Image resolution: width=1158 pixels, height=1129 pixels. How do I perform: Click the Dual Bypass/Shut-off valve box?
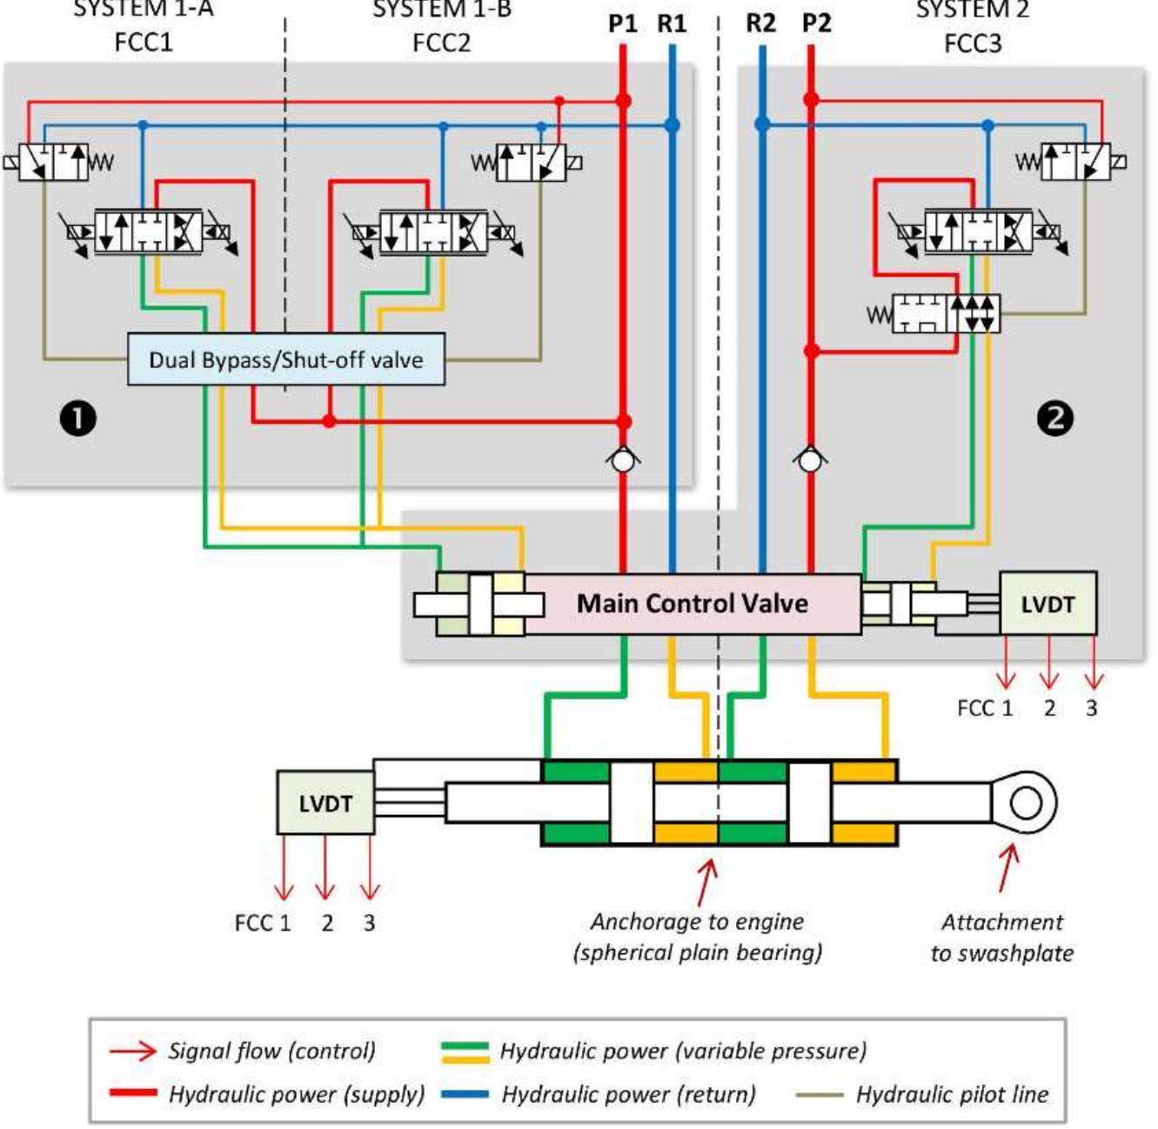click(x=286, y=359)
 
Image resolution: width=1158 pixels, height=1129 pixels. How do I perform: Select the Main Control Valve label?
click(x=692, y=604)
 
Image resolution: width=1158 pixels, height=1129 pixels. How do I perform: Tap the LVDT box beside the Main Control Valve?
click(x=1048, y=603)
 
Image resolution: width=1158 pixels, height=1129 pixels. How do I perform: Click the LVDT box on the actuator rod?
click(x=325, y=803)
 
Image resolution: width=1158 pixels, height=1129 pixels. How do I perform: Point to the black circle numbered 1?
click(x=78, y=418)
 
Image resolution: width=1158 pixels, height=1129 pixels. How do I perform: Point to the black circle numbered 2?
click(x=1055, y=418)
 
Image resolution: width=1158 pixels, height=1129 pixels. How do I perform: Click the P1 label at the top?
click(x=622, y=23)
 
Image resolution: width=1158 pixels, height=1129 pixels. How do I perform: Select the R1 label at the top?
click(x=672, y=23)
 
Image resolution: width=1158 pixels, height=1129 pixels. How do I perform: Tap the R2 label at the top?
click(x=761, y=23)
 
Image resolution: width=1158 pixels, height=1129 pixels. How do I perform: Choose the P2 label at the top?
click(x=816, y=23)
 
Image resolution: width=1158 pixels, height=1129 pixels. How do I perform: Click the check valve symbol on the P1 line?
click(x=623, y=460)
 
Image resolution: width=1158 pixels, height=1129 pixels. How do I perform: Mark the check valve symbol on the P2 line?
click(x=810, y=460)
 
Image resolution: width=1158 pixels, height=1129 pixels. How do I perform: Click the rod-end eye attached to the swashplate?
click(x=1024, y=803)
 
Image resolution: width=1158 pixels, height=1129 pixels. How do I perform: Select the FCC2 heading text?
click(x=442, y=43)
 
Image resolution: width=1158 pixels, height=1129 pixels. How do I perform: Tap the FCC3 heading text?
click(x=973, y=43)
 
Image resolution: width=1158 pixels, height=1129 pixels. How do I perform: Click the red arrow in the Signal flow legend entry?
click(x=133, y=1051)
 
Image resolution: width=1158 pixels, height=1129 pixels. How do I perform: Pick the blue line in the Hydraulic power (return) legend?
click(x=465, y=1093)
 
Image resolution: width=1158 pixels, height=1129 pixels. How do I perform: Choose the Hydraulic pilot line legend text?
click(x=952, y=1094)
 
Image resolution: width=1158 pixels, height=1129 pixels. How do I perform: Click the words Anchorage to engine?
click(x=697, y=921)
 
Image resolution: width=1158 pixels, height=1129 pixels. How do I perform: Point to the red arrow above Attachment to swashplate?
click(x=1009, y=868)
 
